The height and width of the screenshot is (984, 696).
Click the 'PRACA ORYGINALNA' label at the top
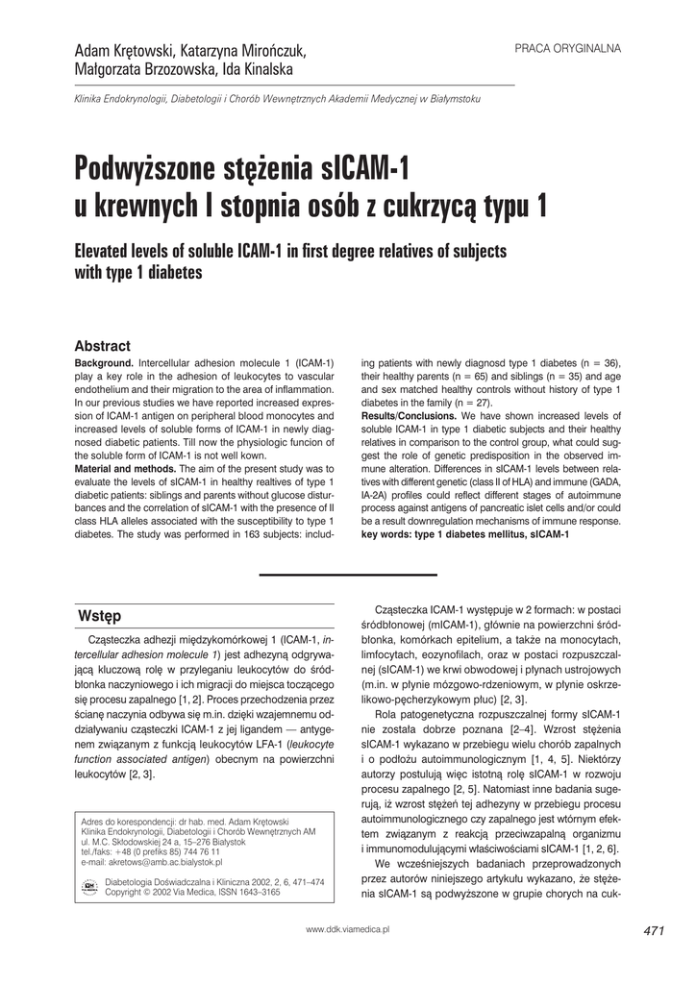click(568, 47)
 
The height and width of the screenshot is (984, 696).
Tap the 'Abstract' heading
click(102, 346)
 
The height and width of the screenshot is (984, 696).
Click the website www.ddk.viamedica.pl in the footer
click(347, 930)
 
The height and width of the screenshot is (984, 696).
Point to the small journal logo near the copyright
click(90, 886)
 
